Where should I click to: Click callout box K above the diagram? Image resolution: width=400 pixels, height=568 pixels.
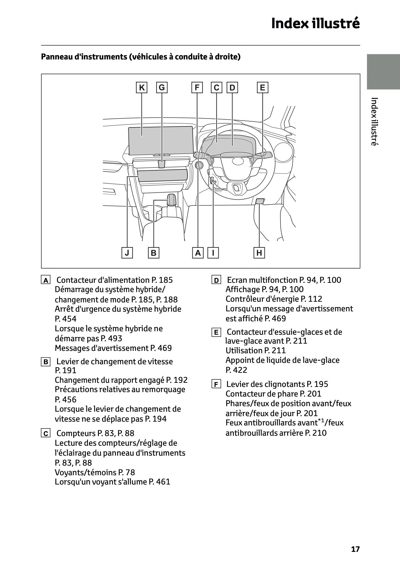click(x=141, y=88)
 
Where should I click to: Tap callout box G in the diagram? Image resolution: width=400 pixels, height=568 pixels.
click(x=162, y=88)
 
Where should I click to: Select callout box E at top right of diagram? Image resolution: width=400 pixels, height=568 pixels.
click(x=262, y=88)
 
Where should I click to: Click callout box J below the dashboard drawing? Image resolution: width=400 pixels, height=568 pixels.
click(x=127, y=253)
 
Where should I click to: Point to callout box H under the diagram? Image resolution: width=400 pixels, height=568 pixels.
click(x=259, y=253)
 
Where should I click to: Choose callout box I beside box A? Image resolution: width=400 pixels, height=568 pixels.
click(x=213, y=253)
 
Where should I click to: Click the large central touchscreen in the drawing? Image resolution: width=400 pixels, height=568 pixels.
click(x=161, y=140)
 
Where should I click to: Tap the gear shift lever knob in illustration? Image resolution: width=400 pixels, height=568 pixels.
click(x=172, y=199)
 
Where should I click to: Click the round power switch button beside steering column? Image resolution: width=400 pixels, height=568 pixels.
click(x=199, y=166)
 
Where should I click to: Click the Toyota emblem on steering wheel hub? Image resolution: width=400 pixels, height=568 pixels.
click(x=237, y=161)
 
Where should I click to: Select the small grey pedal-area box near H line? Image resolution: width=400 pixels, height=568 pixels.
click(x=260, y=201)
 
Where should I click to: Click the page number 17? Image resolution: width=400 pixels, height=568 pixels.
click(x=355, y=549)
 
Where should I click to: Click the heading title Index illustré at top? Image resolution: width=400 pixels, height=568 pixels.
click(x=315, y=23)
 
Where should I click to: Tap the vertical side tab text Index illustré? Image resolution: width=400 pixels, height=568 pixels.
click(x=374, y=122)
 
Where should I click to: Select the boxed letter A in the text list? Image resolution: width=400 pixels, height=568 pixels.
click(x=45, y=280)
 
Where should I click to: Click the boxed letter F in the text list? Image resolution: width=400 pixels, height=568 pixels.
click(x=216, y=384)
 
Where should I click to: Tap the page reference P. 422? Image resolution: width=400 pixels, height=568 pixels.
click(x=236, y=370)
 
